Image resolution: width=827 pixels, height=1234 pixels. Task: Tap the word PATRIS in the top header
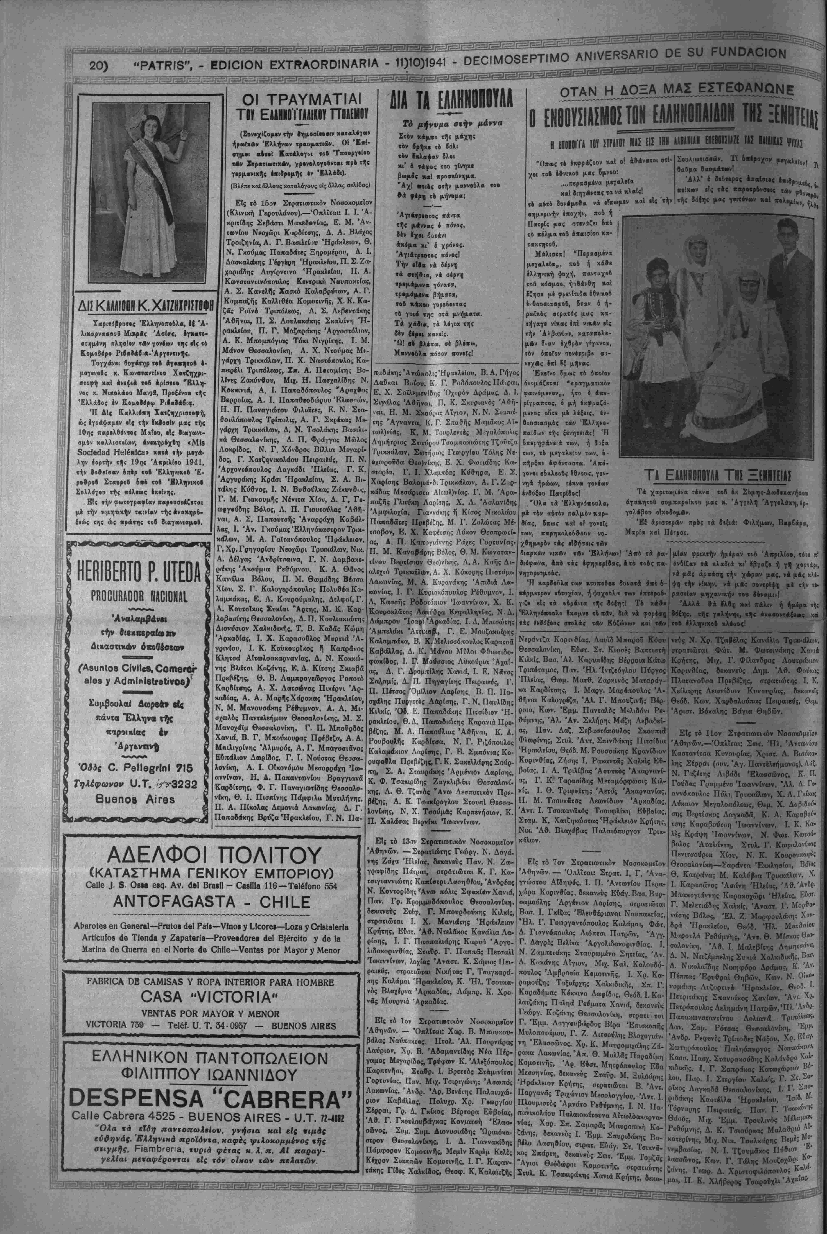(x=162, y=66)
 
